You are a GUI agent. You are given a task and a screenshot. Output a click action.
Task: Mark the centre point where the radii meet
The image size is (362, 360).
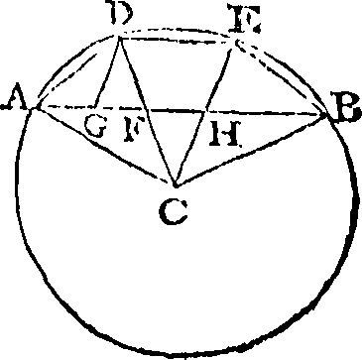click(x=175, y=185)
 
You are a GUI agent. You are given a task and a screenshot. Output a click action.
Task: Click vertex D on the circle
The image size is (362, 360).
click(x=120, y=37)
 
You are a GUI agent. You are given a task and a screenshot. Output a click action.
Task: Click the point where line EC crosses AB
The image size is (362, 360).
click(x=206, y=112)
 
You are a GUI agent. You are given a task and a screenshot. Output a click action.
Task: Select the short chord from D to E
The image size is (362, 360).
click(x=177, y=41)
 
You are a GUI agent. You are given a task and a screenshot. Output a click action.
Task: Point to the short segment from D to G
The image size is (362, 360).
click(x=107, y=70)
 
